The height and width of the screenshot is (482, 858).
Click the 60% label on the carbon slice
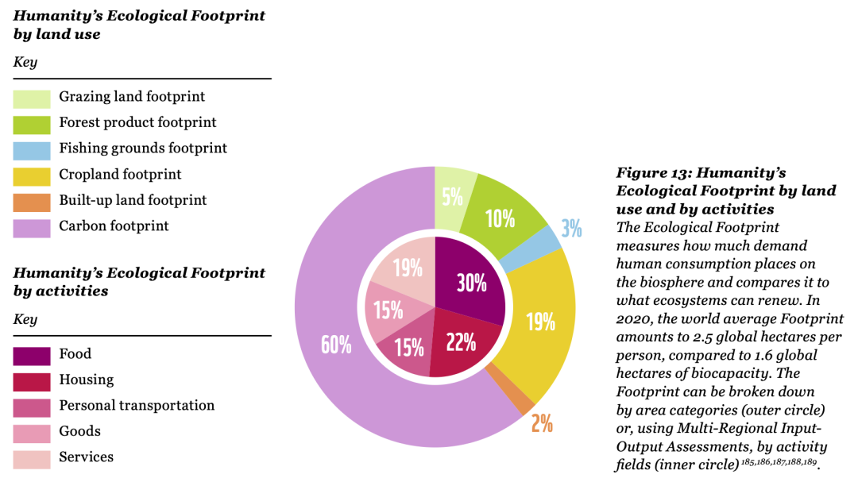[x=336, y=345]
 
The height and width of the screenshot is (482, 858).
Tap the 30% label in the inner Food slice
[x=471, y=282]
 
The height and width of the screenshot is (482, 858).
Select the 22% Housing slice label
[x=461, y=342]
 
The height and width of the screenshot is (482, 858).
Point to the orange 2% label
[x=542, y=422]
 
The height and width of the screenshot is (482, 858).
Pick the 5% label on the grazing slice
[x=452, y=195]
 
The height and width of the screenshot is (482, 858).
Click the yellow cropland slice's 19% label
[x=540, y=322]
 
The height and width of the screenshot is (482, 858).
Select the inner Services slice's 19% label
[x=408, y=268]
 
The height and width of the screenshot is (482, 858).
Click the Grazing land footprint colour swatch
[x=32, y=98]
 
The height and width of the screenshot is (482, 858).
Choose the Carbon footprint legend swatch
[x=32, y=227]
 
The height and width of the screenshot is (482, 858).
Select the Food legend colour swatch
[x=32, y=355]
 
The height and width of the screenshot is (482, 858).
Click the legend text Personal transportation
[x=137, y=406]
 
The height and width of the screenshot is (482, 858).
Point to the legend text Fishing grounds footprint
[x=143, y=148]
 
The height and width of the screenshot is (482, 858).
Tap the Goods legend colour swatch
[x=32, y=432]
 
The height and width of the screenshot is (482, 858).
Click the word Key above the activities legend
[x=25, y=319]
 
